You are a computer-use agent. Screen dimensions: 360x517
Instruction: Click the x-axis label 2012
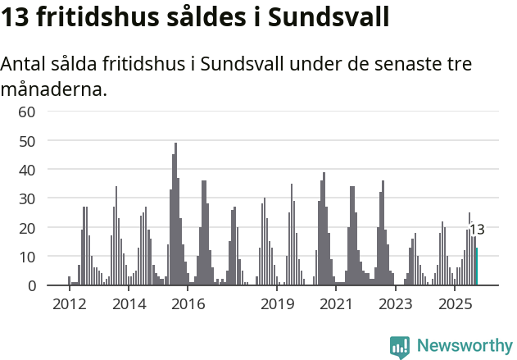pyautogui.click(x=68, y=304)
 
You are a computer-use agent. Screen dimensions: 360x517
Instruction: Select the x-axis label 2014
pyautogui.click(x=129, y=304)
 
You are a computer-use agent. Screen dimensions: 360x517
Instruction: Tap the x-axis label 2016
pyautogui.click(x=188, y=304)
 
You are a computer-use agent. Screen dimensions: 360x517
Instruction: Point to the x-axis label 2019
pyautogui.click(x=278, y=304)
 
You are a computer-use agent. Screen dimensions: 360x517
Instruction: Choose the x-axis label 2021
pyautogui.click(x=336, y=304)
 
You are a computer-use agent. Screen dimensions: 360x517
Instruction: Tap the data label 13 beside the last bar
pyautogui.click(x=477, y=230)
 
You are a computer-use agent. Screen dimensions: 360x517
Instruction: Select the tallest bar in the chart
pyautogui.click(x=175, y=215)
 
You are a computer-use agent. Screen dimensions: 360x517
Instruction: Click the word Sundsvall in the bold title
pyautogui.click(x=329, y=16)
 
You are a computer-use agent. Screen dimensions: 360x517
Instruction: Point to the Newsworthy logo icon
pyautogui.click(x=400, y=347)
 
